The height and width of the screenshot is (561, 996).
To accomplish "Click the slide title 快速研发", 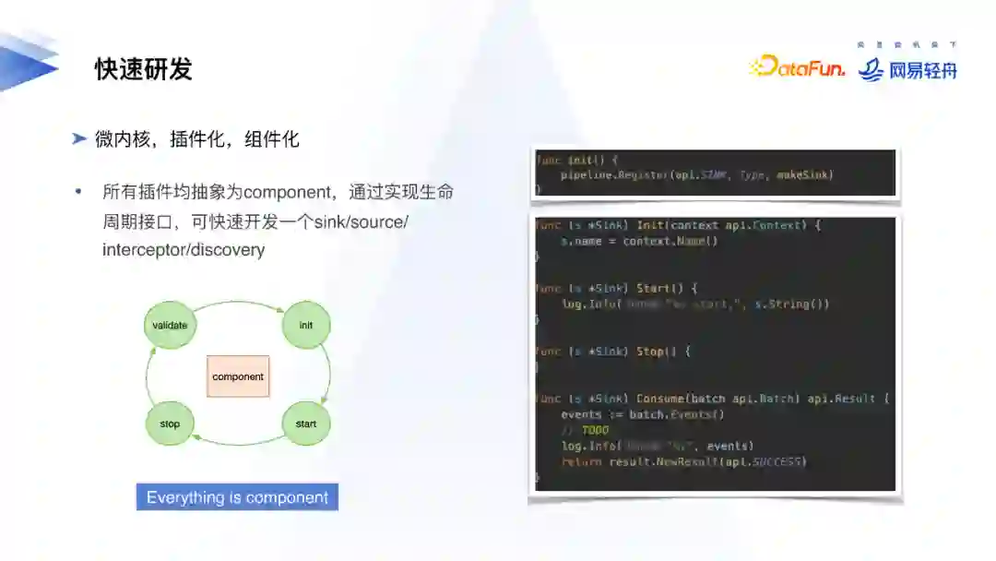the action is click(143, 70).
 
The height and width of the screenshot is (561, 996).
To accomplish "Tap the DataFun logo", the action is click(797, 66).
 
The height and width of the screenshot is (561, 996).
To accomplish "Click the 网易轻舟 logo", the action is click(907, 69).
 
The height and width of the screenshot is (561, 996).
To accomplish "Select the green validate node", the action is click(170, 326).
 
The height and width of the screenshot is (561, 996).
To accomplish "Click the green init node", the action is click(305, 326).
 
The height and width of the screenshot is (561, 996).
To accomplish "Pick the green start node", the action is click(305, 424).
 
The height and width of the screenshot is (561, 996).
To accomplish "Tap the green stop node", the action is click(170, 424).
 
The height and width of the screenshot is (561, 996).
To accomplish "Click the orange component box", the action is click(238, 376).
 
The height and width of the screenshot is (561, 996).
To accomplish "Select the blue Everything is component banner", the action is click(237, 497).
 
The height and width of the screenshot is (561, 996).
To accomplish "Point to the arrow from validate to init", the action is click(238, 304).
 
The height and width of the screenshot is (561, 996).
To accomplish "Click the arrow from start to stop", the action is click(238, 444).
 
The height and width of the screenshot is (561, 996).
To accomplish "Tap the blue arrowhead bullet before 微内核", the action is click(80, 139).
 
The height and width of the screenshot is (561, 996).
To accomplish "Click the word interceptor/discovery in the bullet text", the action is click(184, 250).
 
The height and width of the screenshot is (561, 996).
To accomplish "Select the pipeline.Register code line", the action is click(696, 174).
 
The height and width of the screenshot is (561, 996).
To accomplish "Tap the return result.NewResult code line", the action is click(682, 461).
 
